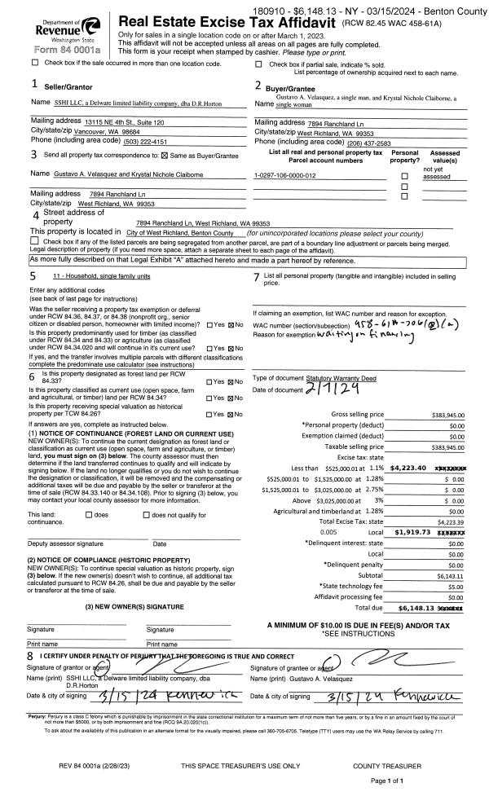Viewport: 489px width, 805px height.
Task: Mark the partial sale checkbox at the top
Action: click(259, 62)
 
